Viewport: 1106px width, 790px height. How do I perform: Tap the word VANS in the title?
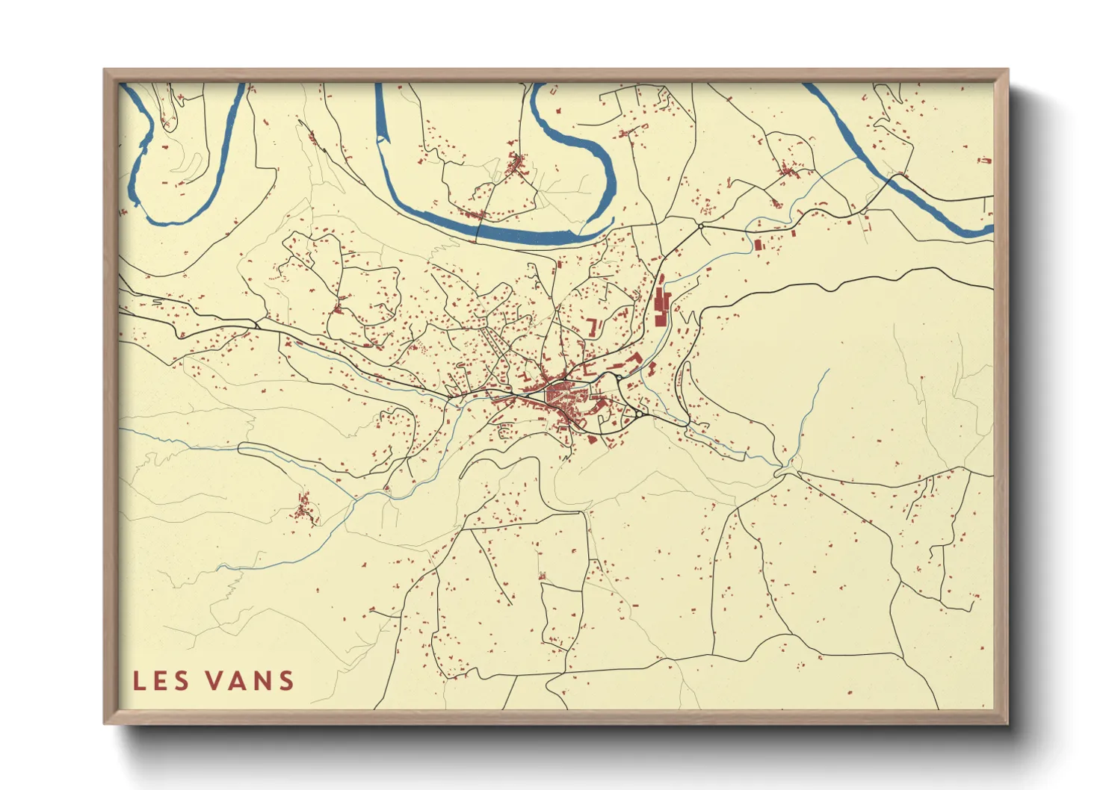pyautogui.click(x=249, y=680)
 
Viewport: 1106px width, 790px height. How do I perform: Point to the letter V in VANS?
pyautogui.click(x=213, y=680)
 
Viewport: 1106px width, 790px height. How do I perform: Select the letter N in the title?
pyautogui.click(x=265, y=680)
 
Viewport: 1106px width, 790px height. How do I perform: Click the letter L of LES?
pyautogui.click(x=139, y=680)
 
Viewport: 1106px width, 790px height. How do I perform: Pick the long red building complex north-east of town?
pyautogui.click(x=661, y=302)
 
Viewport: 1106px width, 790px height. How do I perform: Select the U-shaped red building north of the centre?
pyautogui.click(x=595, y=327)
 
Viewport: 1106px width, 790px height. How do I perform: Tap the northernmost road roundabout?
pyautogui.click(x=701, y=225)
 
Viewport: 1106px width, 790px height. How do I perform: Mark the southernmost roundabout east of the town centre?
pyautogui.click(x=640, y=412)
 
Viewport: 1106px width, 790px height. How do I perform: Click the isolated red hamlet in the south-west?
pyautogui.click(x=303, y=509)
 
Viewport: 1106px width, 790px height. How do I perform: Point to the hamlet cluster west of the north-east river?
pyautogui.click(x=786, y=170)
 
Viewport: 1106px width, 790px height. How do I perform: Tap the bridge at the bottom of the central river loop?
pyautogui.click(x=478, y=216)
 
